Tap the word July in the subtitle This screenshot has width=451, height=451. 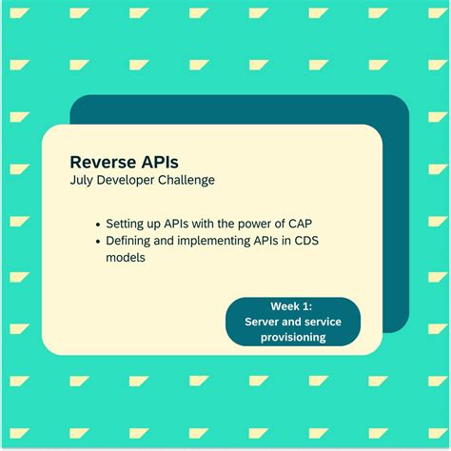point(83,181)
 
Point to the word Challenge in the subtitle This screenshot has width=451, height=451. point(188,181)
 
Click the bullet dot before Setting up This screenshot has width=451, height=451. point(99,224)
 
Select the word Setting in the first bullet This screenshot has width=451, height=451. point(126,224)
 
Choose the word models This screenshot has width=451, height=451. point(126,257)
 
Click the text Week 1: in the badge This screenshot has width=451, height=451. point(292,306)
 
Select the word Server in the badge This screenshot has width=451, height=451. point(263,322)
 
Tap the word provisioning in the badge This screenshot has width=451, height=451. point(292,337)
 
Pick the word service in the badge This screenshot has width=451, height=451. point(324,322)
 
